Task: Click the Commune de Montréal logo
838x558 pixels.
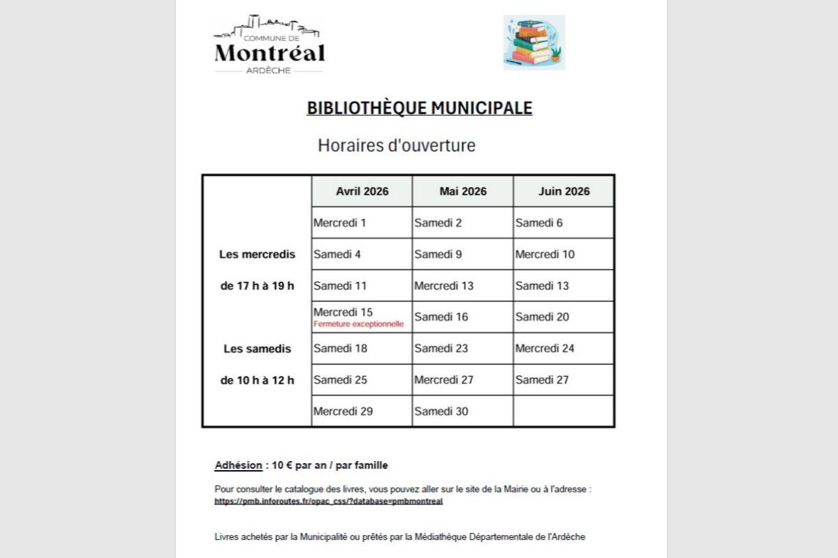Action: click(269, 45)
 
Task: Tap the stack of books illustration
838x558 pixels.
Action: click(534, 43)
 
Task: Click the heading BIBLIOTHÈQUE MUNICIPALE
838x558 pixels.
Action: click(419, 108)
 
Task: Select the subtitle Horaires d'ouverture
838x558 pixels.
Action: click(396, 146)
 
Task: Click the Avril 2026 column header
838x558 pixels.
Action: click(362, 191)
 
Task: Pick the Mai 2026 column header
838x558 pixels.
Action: click(462, 191)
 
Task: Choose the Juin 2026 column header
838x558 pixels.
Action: click(564, 191)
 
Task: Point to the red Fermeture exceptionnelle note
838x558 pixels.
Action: click(359, 324)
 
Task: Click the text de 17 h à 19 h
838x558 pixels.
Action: click(257, 286)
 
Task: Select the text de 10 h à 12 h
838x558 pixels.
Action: click(257, 380)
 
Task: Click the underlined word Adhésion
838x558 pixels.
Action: click(238, 465)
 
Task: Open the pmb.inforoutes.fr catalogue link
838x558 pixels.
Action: click(329, 501)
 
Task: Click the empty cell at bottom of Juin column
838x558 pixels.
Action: click(564, 412)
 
